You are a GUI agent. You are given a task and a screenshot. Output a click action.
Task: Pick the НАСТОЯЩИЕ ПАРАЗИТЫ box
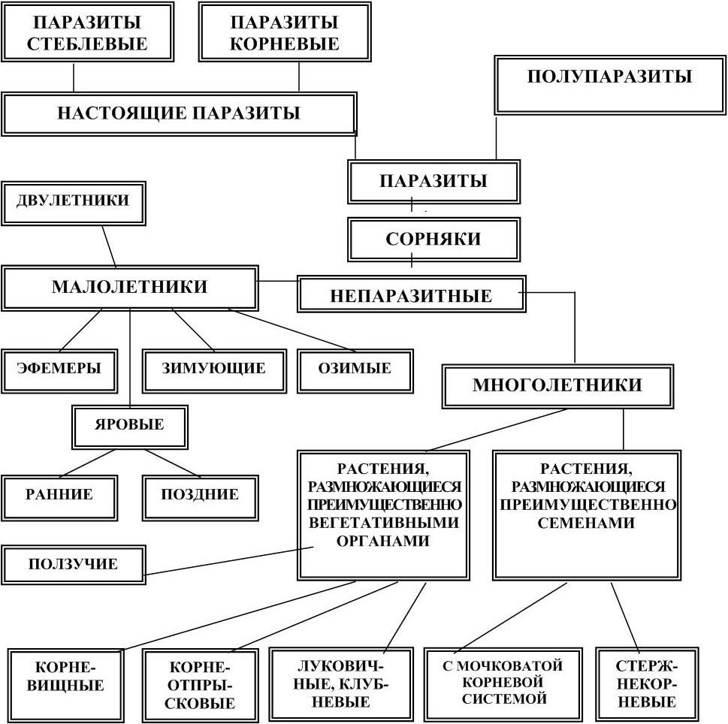[178, 113]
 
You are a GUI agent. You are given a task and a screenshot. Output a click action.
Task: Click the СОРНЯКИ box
[433, 240]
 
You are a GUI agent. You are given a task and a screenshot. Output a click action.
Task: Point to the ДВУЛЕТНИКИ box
[73, 201]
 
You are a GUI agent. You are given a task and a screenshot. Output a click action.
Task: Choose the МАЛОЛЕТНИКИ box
[129, 288]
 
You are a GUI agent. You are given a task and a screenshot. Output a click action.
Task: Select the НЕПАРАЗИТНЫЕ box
[410, 295]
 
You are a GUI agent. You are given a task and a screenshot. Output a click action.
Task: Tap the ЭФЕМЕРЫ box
[59, 369]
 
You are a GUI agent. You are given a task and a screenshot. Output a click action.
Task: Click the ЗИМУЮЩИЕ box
[213, 369]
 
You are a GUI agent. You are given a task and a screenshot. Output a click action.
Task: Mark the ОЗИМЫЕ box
[355, 369]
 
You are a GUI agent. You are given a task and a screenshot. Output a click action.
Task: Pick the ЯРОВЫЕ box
[129, 425]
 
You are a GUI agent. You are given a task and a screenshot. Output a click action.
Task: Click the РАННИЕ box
[59, 495]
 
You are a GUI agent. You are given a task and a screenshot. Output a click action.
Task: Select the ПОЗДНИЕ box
[199, 495]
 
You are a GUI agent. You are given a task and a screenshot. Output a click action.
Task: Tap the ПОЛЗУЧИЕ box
[73, 564]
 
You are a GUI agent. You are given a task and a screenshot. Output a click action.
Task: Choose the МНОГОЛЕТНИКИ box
[557, 386]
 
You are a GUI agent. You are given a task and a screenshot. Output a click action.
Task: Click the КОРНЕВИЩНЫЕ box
[69, 676]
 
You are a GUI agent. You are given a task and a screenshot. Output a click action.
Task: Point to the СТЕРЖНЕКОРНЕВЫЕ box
[645, 683]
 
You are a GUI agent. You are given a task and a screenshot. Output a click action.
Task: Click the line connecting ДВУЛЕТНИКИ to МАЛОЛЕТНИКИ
[109, 246]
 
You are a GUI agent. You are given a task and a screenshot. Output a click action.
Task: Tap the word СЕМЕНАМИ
[586, 523]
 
